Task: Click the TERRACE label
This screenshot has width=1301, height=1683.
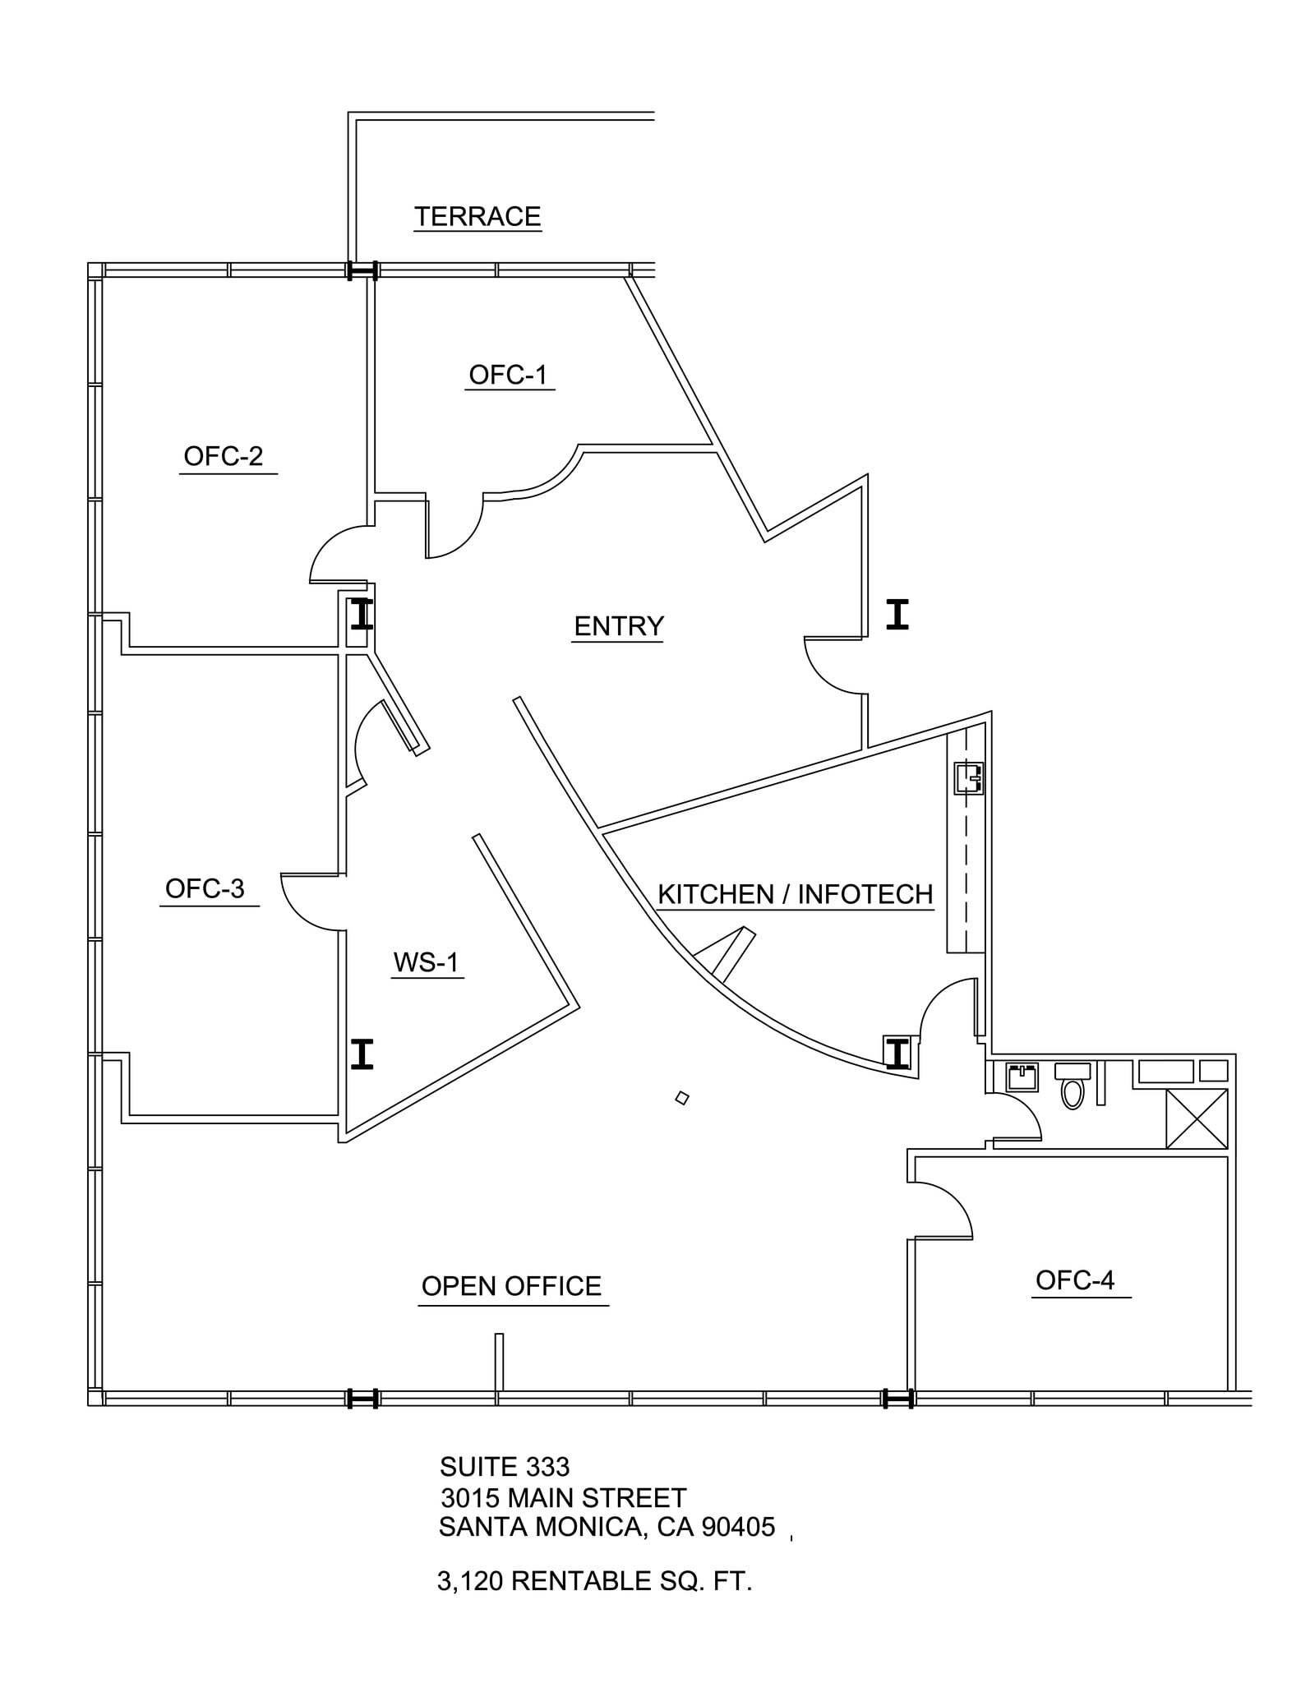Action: click(477, 216)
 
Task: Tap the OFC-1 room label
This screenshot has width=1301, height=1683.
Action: click(507, 375)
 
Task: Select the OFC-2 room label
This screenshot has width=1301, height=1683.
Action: click(223, 456)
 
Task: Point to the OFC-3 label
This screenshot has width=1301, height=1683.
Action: click(205, 888)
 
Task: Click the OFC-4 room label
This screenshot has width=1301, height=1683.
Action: click(1074, 1280)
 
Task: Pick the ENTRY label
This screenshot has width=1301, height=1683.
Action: click(618, 626)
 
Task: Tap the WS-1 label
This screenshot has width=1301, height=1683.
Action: click(426, 961)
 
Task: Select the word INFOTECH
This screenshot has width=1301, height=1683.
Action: click(865, 894)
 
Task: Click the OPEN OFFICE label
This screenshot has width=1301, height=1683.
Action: click(511, 1286)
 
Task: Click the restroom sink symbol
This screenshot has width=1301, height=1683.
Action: click(1022, 1077)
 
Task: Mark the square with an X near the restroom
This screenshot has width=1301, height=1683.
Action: click(1197, 1118)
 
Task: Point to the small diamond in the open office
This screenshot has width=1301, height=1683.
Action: click(681, 1098)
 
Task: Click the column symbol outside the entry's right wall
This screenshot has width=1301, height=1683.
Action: click(897, 615)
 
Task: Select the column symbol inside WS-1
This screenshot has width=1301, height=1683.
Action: click(362, 1054)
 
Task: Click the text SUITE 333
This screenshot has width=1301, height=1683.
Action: click(504, 1467)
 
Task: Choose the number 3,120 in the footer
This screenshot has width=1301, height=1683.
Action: click(469, 1581)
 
